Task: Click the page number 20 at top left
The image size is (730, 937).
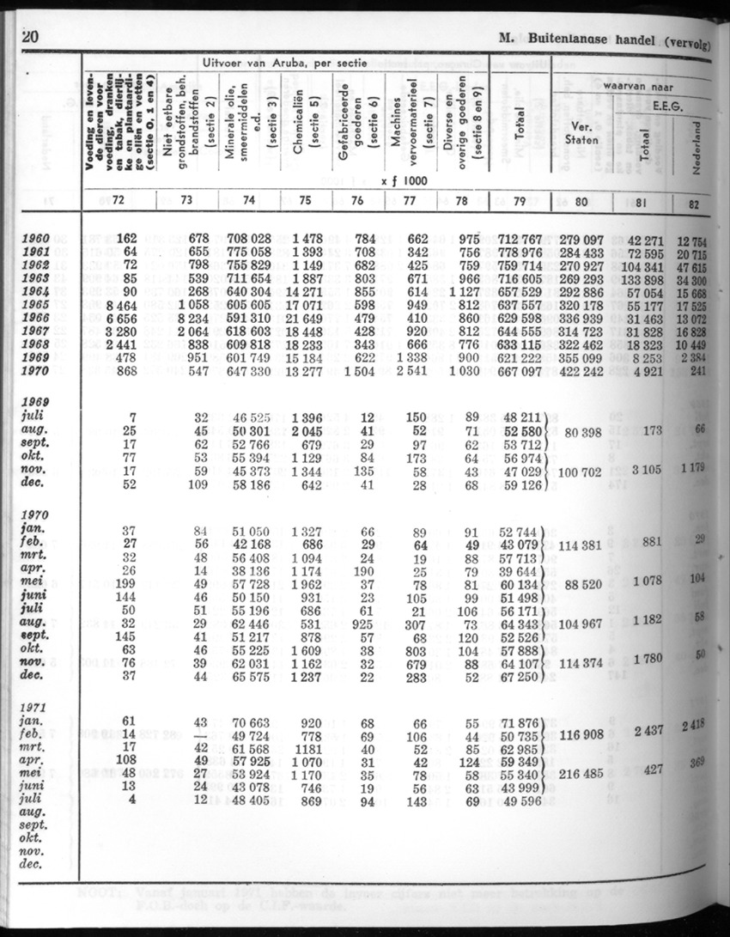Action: point(30,37)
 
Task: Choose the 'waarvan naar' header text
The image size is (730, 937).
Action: point(637,87)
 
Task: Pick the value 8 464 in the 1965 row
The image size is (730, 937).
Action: point(119,305)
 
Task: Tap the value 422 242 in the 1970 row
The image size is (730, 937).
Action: point(576,370)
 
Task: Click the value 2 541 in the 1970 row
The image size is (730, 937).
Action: point(409,370)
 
